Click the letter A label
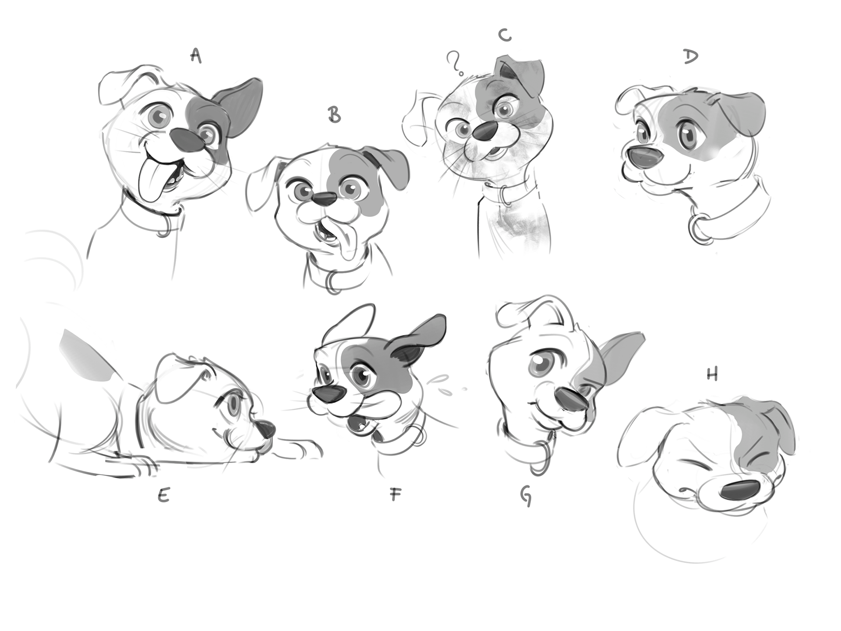tap(196, 56)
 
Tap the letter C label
tap(505, 35)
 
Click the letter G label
tap(526, 496)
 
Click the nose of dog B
tap(325, 200)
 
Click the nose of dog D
tap(644, 157)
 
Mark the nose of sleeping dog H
tap(740, 490)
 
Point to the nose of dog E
tap(266, 429)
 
